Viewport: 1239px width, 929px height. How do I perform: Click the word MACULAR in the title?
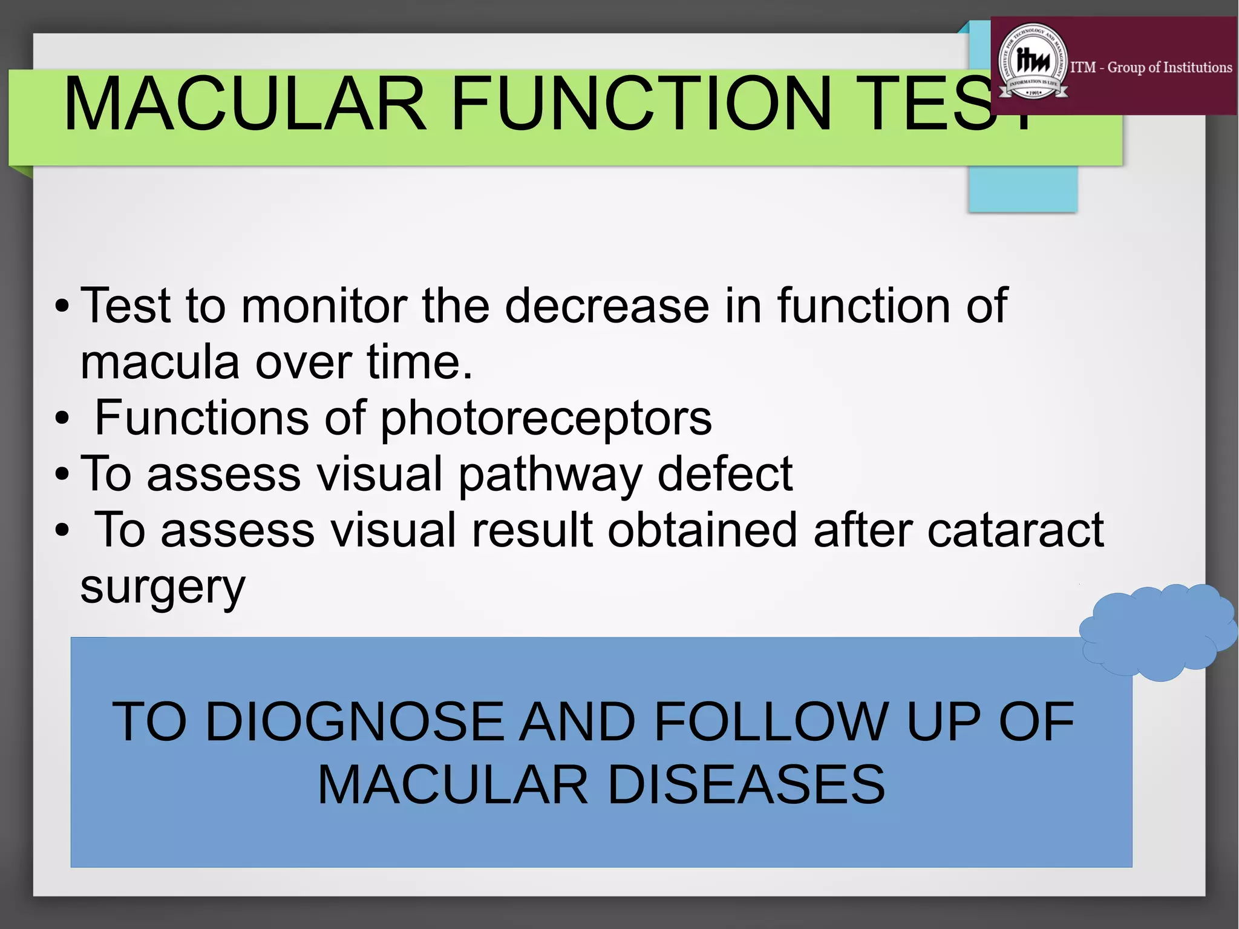coord(245,104)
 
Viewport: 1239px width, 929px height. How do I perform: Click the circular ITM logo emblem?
coord(1033,64)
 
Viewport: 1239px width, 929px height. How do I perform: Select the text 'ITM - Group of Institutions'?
coord(1151,67)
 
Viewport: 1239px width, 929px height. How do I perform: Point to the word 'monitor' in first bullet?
coord(323,306)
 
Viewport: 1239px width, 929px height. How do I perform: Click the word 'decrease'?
coord(607,306)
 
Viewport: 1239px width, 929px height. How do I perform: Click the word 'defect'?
coord(724,474)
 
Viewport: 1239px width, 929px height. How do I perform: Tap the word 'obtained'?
coord(702,530)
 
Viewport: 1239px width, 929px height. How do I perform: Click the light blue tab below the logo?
coord(1022,188)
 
